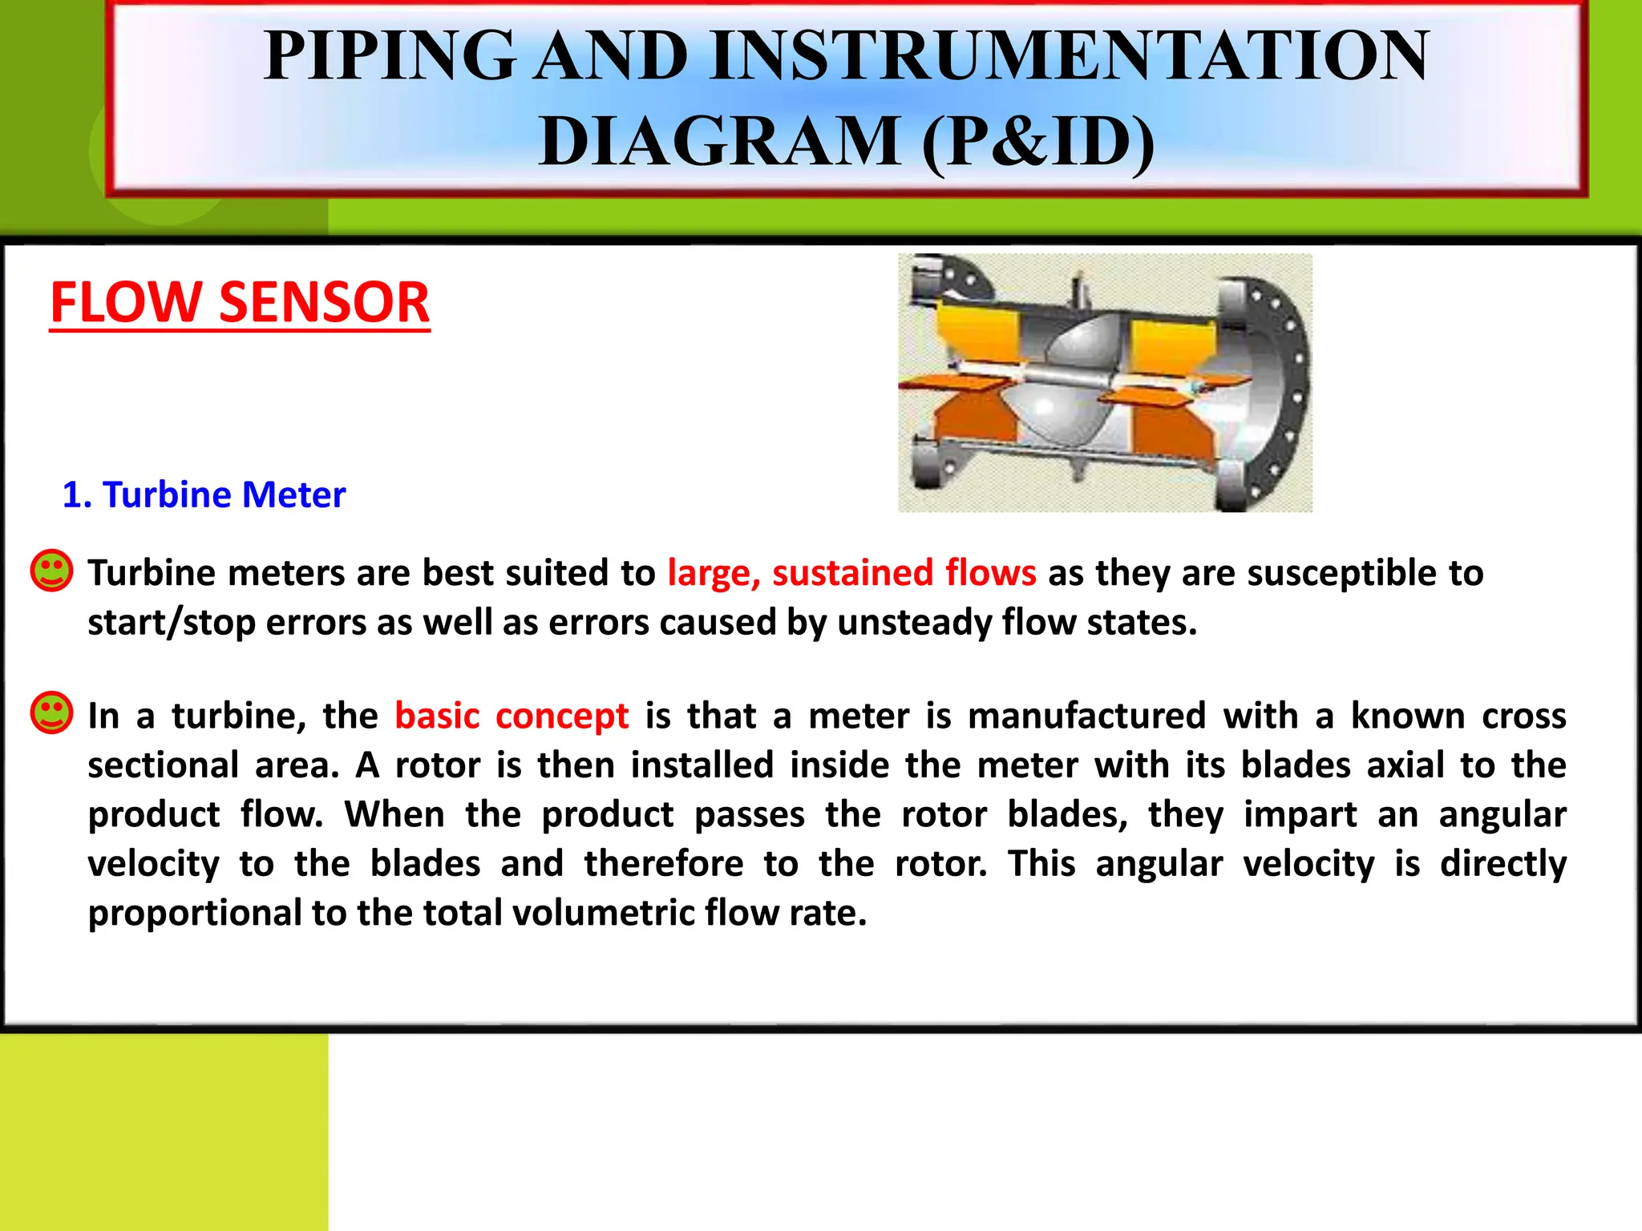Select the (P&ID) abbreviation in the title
[x=1037, y=142]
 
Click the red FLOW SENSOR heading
[x=240, y=303]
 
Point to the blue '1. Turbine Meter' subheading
[x=204, y=494]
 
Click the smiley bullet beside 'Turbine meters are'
[x=51, y=571]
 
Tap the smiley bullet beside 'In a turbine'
[x=51, y=712]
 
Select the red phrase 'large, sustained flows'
[x=851, y=573]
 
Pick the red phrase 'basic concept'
[x=512, y=716]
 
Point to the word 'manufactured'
[x=1086, y=716]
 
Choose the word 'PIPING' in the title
[x=390, y=56]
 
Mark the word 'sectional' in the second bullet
[x=164, y=765]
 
